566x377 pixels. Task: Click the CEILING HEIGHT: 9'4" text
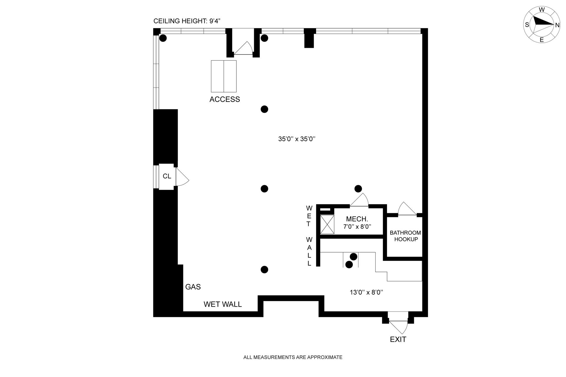click(x=187, y=21)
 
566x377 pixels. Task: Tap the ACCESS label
click(x=225, y=99)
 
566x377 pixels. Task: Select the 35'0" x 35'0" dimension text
click(x=297, y=139)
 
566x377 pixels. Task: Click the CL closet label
click(x=167, y=176)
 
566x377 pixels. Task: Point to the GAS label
click(x=193, y=287)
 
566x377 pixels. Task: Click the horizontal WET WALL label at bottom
click(x=223, y=304)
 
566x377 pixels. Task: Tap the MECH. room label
click(x=357, y=219)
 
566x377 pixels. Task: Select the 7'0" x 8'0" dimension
click(x=357, y=227)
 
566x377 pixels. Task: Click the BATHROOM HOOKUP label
click(x=406, y=236)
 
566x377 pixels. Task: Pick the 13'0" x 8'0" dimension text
click(x=366, y=292)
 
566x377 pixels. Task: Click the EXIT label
click(x=398, y=339)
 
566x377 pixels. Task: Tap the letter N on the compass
click(x=557, y=25)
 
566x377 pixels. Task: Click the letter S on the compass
click(x=527, y=25)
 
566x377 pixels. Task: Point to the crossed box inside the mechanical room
click(x=327, y=225)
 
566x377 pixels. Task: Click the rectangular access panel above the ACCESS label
click(x=224, y=76)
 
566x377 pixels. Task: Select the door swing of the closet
click(x=182, y=177)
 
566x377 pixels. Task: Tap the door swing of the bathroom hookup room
click(x=407, y=209)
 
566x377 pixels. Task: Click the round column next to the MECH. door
click(x=358, y=188)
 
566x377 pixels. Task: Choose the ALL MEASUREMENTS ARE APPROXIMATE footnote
click(x=293, y=357)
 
